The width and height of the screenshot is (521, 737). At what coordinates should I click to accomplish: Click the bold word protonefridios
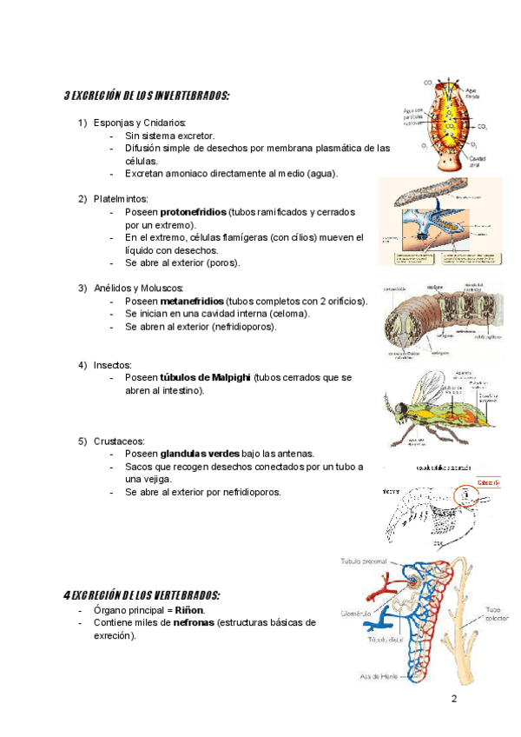tap(194, 212)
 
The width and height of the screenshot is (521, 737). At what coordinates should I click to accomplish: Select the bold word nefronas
tap(195, 622)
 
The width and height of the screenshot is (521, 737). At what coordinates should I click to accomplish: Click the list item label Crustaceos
tap(119, 441)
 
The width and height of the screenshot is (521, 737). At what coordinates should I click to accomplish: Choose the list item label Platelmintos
tap(121, 199)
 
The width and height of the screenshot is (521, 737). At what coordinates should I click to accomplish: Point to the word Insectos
tap(113, 364)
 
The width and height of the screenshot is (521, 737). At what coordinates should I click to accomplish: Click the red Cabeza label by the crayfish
tap(488, 483)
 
